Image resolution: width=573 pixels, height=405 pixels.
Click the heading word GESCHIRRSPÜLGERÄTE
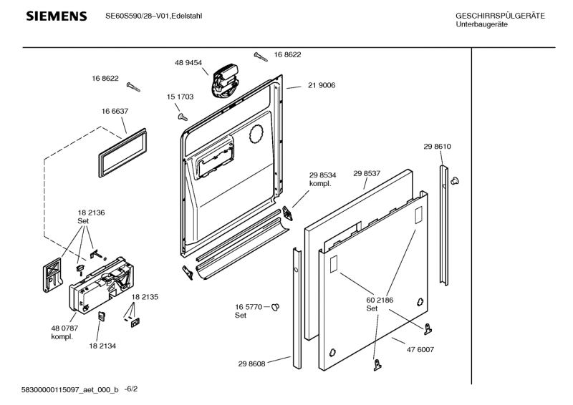pyautogui.click(x=500, y=16)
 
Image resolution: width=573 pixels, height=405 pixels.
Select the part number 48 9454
pyautogui.click(x=188, y=63)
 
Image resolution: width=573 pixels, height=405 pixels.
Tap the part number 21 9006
pyautogui.click(x=322, y=85)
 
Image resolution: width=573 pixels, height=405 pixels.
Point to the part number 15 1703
pyautogui.click(x=180, y=97)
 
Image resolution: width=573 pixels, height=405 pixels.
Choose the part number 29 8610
pyautogui.click(x=437, y=147)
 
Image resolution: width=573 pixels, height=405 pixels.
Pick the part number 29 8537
pyautogui.click(x=367, y=173)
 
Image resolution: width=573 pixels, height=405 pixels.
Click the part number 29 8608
pyautogui.click(x=252, y=363)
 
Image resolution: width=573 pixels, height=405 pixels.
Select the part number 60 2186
pyautogui.click(x=380, y=300)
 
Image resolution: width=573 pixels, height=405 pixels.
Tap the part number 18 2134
pyautogui.click(x=102, y=346)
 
